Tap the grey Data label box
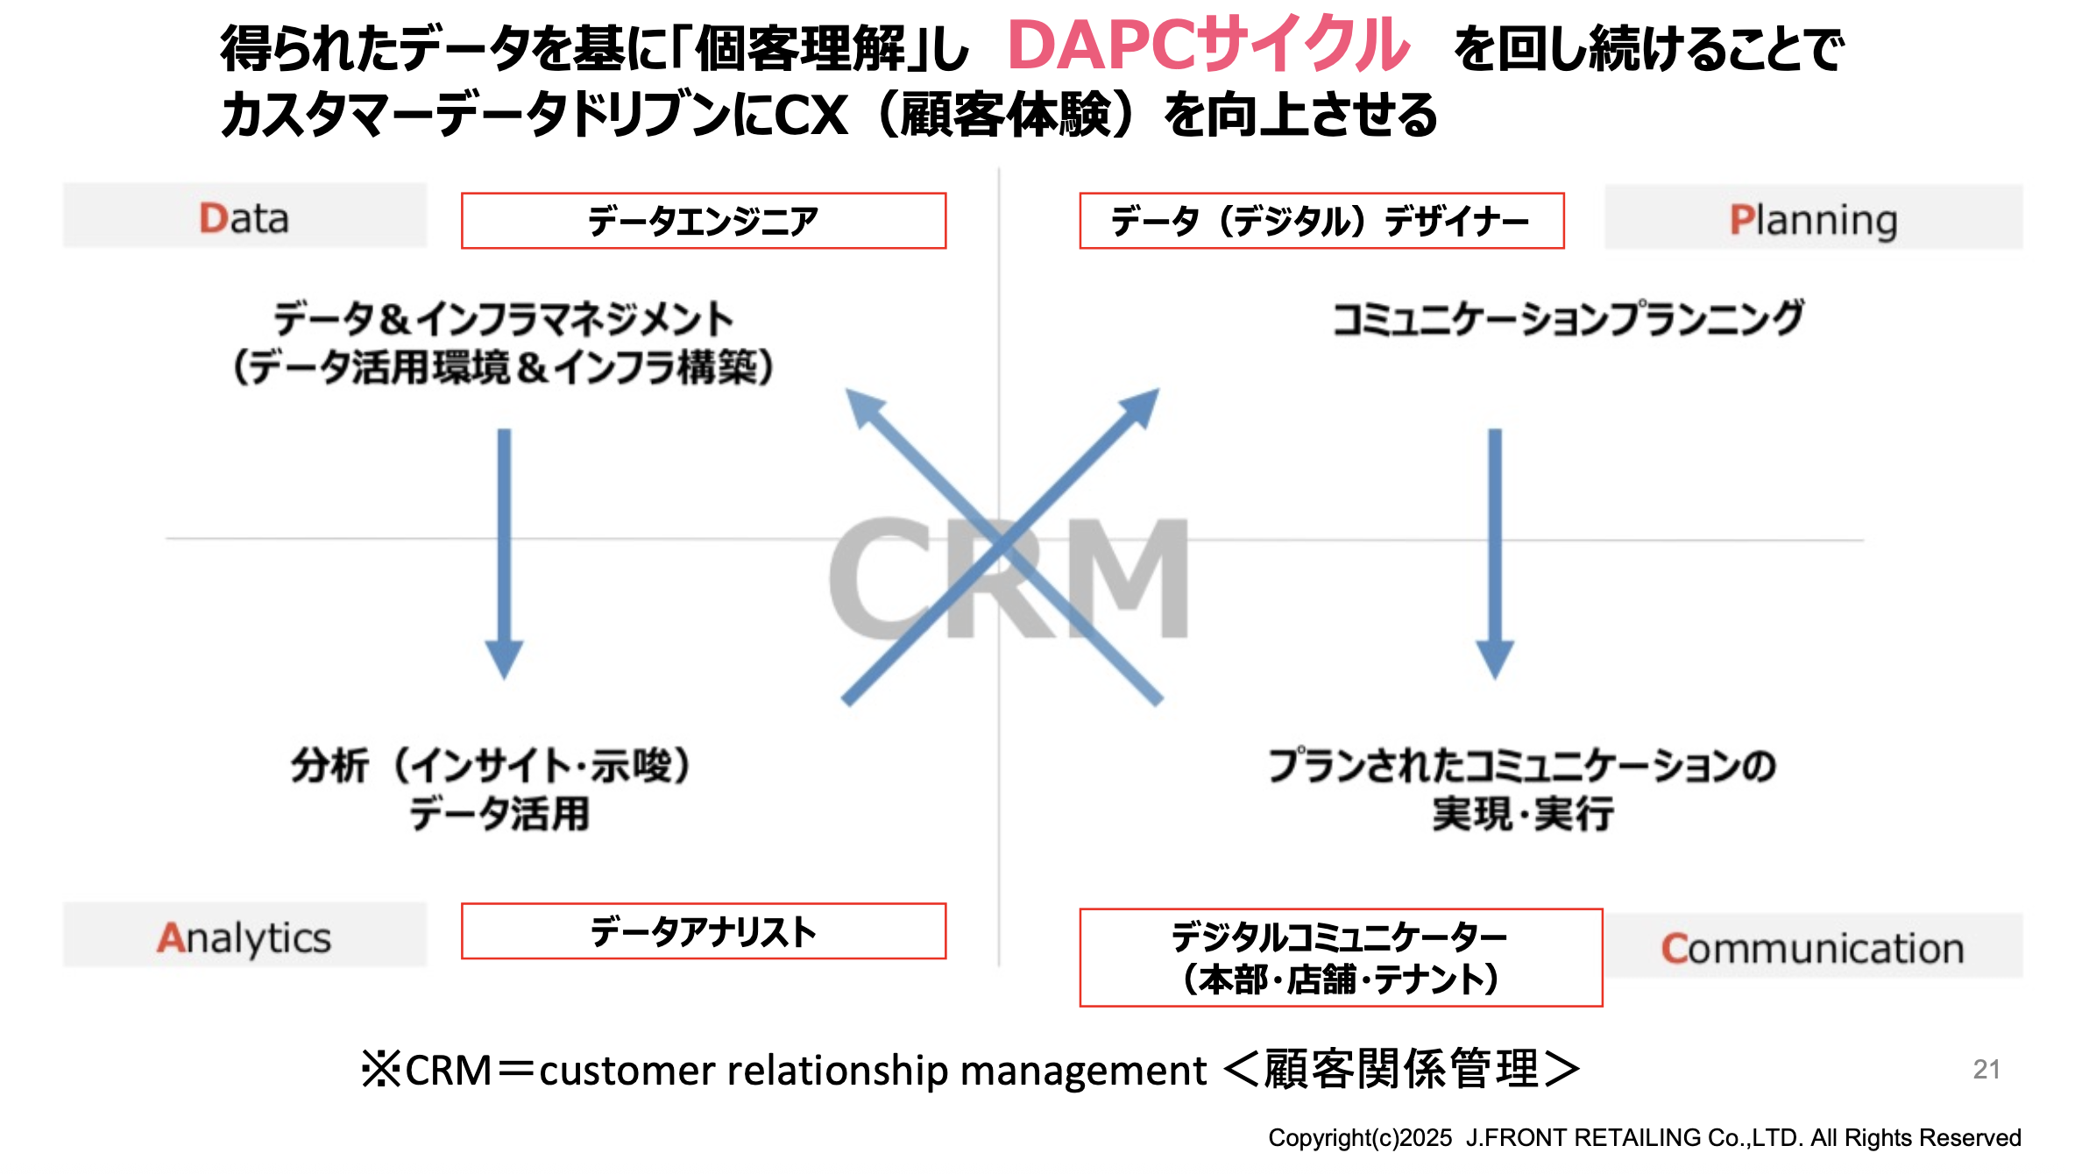tap(244, 216)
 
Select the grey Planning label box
tap(1813, 218)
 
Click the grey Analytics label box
tap(244, 936)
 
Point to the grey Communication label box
tap(1813, 947)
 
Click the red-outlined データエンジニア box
tap(703, 221)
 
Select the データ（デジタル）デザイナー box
tap(1321, 221)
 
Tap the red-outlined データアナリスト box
tap(703, 931)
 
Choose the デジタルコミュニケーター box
tap(1340, 958)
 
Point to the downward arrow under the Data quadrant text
tap(505, 552)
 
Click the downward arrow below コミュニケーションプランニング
tap(1495, 552)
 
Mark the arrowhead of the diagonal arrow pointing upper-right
tap(1140, 408)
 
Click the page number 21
tap(1986, 1069)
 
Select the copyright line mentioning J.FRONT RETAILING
tap(1644, 1137)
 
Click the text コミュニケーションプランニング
tap(1568, 318)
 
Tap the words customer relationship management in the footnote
tap(873, 1071)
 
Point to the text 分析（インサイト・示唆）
tap(491, 765)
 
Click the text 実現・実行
tap(1523, 814)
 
